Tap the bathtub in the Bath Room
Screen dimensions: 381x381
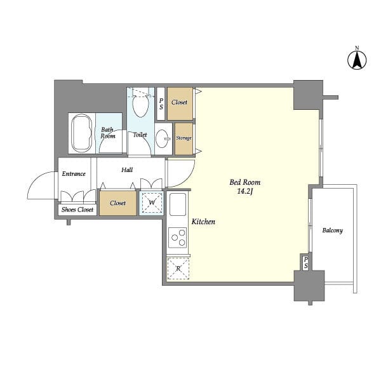82,133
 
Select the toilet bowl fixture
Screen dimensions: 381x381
141,106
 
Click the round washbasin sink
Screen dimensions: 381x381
162,138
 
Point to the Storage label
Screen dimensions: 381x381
184,138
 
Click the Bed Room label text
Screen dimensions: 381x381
245,182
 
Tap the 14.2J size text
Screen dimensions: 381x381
245,192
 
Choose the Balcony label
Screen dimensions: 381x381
332,231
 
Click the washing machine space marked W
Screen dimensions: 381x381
152,203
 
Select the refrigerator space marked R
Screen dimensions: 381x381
178,269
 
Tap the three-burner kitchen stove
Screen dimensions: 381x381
178,237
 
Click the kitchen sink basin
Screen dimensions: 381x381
178,204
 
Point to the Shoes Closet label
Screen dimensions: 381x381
77,210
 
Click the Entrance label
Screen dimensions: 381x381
74,174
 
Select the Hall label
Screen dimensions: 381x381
127,170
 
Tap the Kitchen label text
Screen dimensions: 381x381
203,222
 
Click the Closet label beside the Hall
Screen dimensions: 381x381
118,203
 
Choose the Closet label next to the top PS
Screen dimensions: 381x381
179,102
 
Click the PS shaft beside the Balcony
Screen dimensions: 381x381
306,262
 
